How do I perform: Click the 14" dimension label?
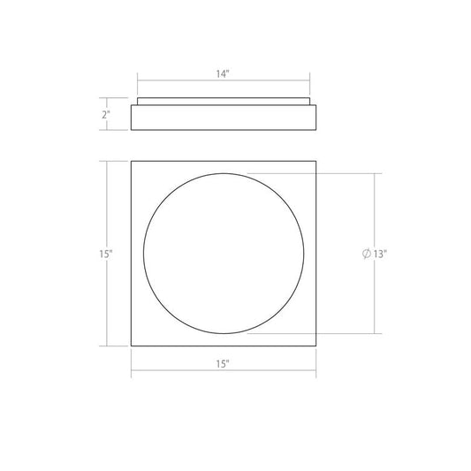coord(223,74)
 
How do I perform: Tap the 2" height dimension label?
coord(106,115)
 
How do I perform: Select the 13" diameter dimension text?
coord(379,254)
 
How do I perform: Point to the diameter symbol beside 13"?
coord(367,254)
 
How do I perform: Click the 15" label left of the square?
coord(106,254)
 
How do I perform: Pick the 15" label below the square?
coord(223,364)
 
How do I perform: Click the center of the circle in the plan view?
coord(224,254)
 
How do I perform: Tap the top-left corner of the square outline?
coord(132,162)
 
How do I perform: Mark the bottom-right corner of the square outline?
coord(315,346)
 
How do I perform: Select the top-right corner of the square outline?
coord(315,162)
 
